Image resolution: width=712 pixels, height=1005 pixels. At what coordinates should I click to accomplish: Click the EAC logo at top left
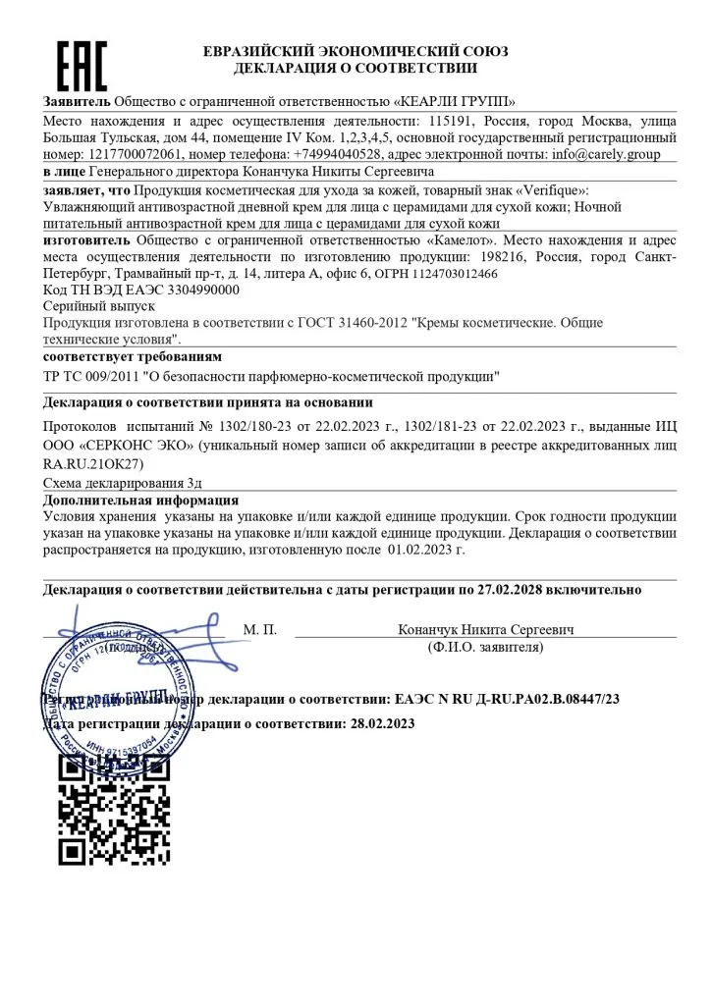pos(81,67)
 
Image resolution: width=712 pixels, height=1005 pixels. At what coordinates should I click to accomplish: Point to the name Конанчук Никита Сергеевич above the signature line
pos(486,628)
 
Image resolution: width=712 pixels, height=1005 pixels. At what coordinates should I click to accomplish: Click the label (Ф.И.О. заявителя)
pos(486,648)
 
